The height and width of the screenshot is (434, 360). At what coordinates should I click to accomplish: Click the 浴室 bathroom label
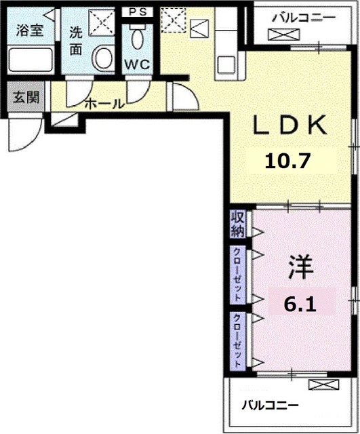coord(29,30)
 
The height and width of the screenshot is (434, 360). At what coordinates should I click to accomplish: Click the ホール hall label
coord(104,104)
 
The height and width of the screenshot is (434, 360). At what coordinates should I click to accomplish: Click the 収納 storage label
coord(237,224)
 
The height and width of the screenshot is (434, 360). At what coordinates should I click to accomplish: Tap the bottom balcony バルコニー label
coord(270,406)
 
